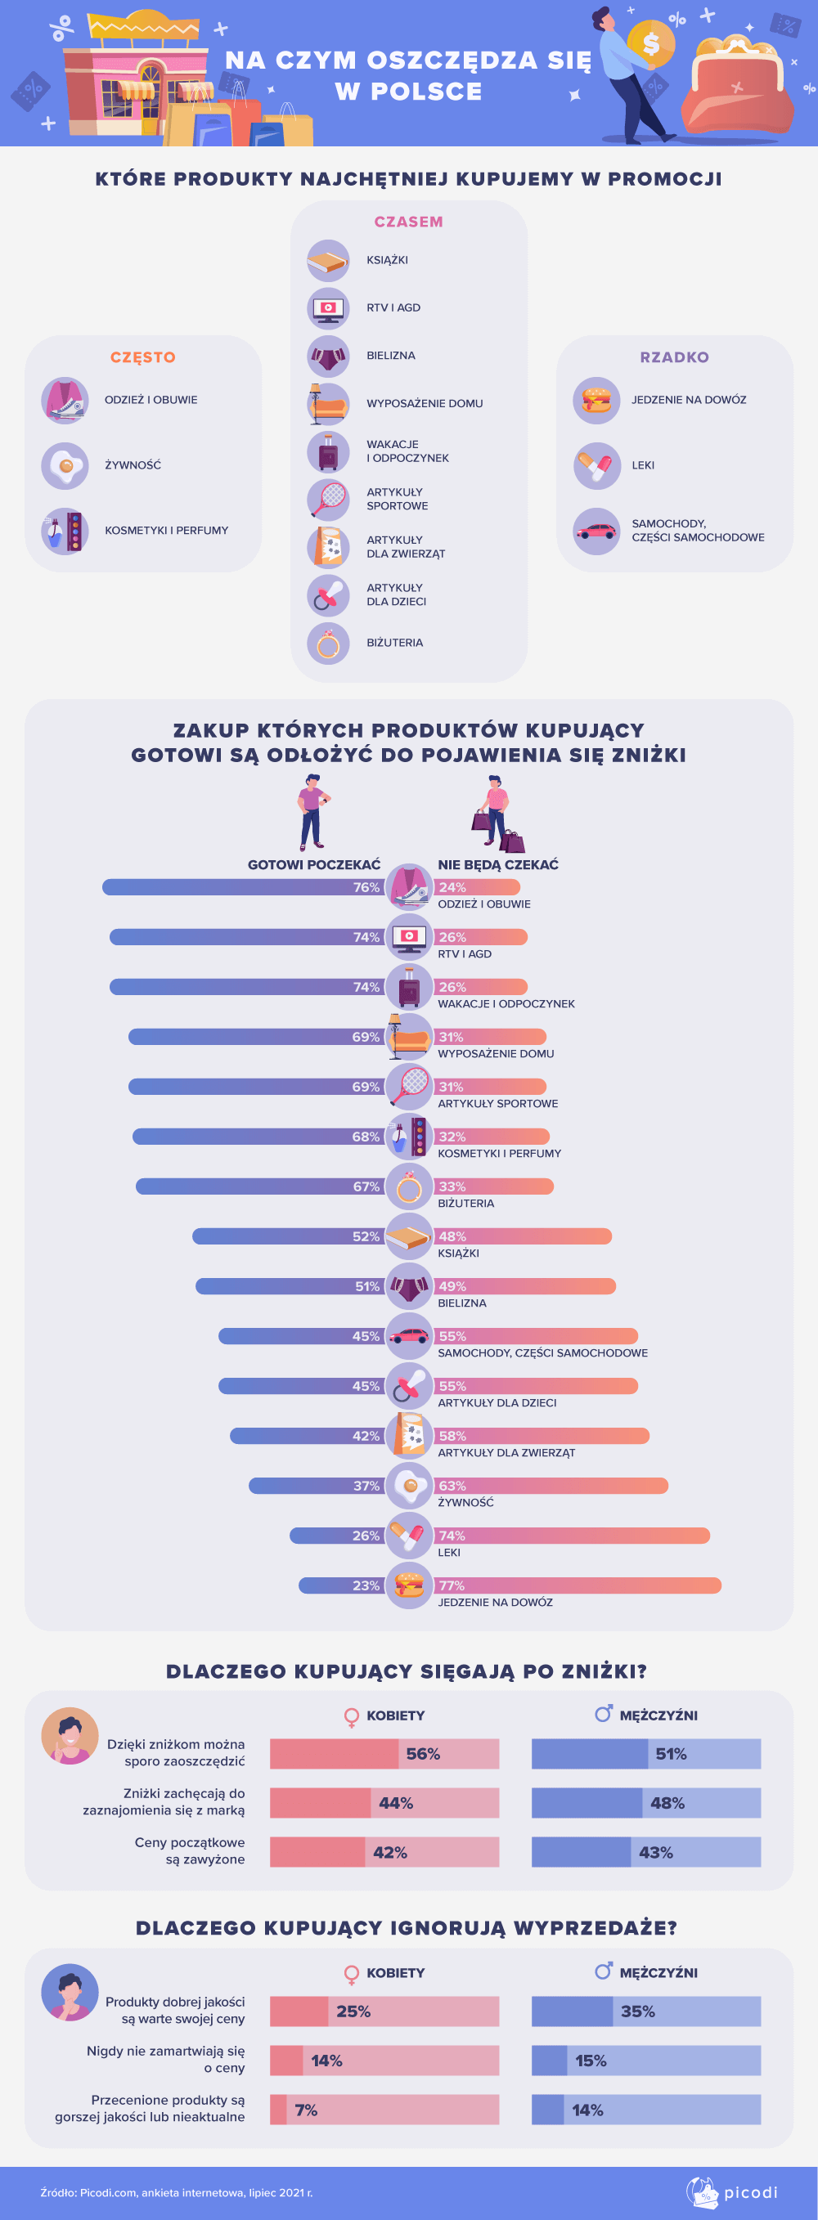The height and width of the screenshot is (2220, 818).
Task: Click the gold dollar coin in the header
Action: (x=651, y=43)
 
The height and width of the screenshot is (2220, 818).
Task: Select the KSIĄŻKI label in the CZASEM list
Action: (x=387, y=260)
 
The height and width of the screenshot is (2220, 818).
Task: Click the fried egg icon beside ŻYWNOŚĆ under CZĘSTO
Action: (x=65, y=465)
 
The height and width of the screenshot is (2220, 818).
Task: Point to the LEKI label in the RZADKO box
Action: (x=643, y=465)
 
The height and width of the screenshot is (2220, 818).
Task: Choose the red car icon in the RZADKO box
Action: (x=596, y=531)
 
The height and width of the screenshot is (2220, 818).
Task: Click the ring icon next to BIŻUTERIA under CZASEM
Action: (x=328, y=643)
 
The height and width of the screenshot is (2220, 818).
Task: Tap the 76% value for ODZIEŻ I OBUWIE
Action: (x=366, y=888)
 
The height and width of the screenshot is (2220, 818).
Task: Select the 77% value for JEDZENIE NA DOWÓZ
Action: (x=452, y=1585)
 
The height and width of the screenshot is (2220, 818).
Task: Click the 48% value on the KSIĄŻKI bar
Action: (x=452, y=1236)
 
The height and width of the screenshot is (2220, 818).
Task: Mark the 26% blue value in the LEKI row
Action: (x=366, y=1536)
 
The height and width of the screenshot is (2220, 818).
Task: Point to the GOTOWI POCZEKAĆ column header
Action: (x=314, y=864)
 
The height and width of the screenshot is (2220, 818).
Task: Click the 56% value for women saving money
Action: (x=423, y=1754)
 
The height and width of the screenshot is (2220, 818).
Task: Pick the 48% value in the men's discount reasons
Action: (x=667, y=1803)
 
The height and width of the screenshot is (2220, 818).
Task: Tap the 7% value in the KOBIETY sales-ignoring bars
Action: (x=306, y=2110)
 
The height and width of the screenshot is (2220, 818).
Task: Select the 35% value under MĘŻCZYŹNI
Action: (x=638, y=2011)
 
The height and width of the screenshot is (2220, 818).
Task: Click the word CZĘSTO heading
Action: (x=143, y=357)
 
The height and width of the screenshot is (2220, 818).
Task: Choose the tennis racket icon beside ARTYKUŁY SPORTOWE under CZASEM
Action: (x=328, y=499)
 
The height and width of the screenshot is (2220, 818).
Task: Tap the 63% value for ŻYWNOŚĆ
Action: (x=452, y=1486)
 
